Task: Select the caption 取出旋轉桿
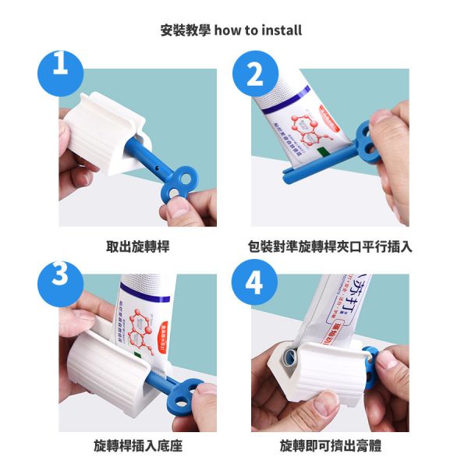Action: (137, 246)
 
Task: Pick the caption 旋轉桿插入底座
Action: (137, 446)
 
